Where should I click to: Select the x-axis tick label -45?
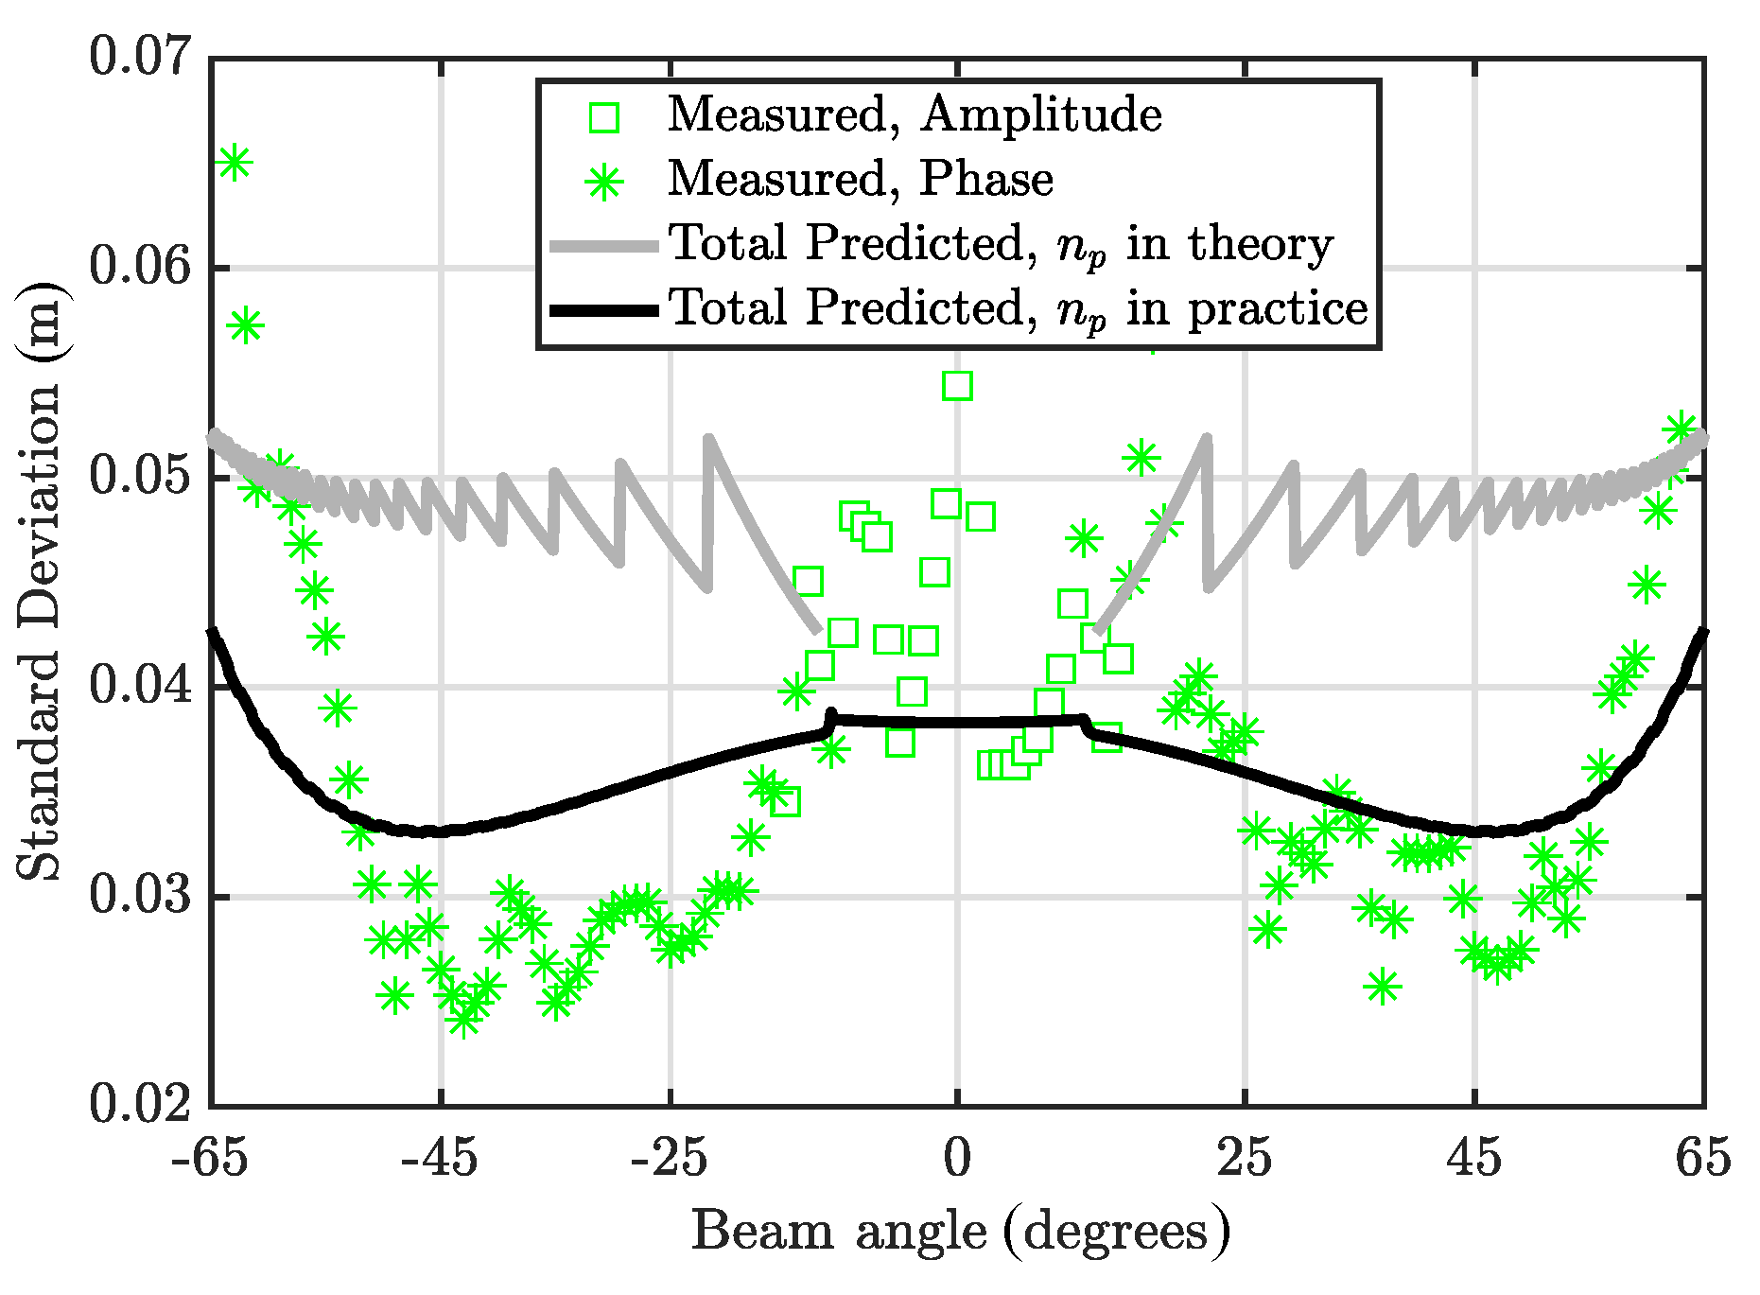439,1159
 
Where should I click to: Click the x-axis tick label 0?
957,1159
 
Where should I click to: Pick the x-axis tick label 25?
1244,1159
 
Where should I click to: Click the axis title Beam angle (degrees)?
961,1233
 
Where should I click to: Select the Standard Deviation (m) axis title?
38,581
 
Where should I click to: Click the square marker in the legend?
603,117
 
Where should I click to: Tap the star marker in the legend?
603,181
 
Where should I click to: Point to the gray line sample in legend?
603,246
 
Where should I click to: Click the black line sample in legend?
603,309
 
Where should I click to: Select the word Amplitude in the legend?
1040,115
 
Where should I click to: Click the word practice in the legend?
1277,309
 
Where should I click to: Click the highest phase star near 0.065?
234,163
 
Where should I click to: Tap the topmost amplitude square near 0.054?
957,386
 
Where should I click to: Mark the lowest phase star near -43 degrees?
463,1020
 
